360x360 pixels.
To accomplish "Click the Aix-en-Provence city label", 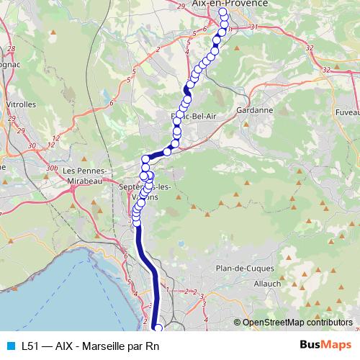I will click(x=230, y=4).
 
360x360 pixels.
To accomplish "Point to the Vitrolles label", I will click(x=21, y=104).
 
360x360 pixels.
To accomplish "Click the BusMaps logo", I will click(x=320, y=346).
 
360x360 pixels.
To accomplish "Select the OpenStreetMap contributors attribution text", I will click(x=297, y=323).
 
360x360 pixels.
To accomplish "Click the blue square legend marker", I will click(x=10, y=346).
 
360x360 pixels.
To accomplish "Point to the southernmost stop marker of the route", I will click(x=158, y=329).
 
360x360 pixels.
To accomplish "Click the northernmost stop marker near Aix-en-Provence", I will click(x=222, y=12).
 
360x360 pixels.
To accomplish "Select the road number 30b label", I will click(x=51, y=167).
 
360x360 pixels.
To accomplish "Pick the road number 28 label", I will click(x=11, y=48).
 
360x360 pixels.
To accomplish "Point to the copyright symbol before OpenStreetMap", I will click(x=238, y=323).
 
